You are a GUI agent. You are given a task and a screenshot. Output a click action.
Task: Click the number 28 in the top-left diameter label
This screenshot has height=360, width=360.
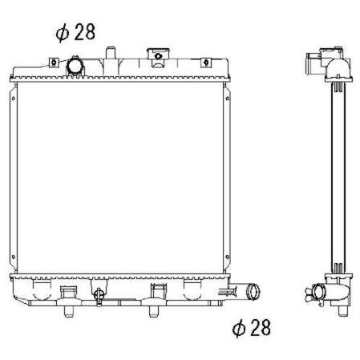pos(85,32)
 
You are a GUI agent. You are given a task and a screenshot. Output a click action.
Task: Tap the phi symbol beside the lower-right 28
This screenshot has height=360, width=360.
pos(239,328)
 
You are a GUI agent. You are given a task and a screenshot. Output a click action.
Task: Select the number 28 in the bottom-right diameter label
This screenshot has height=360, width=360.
pos(261,327)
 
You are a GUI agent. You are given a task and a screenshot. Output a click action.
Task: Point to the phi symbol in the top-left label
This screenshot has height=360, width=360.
pos(63,33)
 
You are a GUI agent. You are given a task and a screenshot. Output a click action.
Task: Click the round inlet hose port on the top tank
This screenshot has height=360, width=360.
pos(75,66)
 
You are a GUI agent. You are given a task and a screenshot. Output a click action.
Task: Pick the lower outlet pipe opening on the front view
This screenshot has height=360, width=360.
pos(253,292)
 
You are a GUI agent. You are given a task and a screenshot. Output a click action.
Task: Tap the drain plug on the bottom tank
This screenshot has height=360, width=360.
pos(99,295)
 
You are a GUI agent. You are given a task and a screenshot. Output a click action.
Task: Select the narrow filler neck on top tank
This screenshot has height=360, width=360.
pos(110,53)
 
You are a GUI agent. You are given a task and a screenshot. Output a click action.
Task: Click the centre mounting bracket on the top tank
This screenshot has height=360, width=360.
pos(158,57)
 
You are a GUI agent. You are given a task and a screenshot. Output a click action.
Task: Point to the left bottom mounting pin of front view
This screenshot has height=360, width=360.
pos(69,311)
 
